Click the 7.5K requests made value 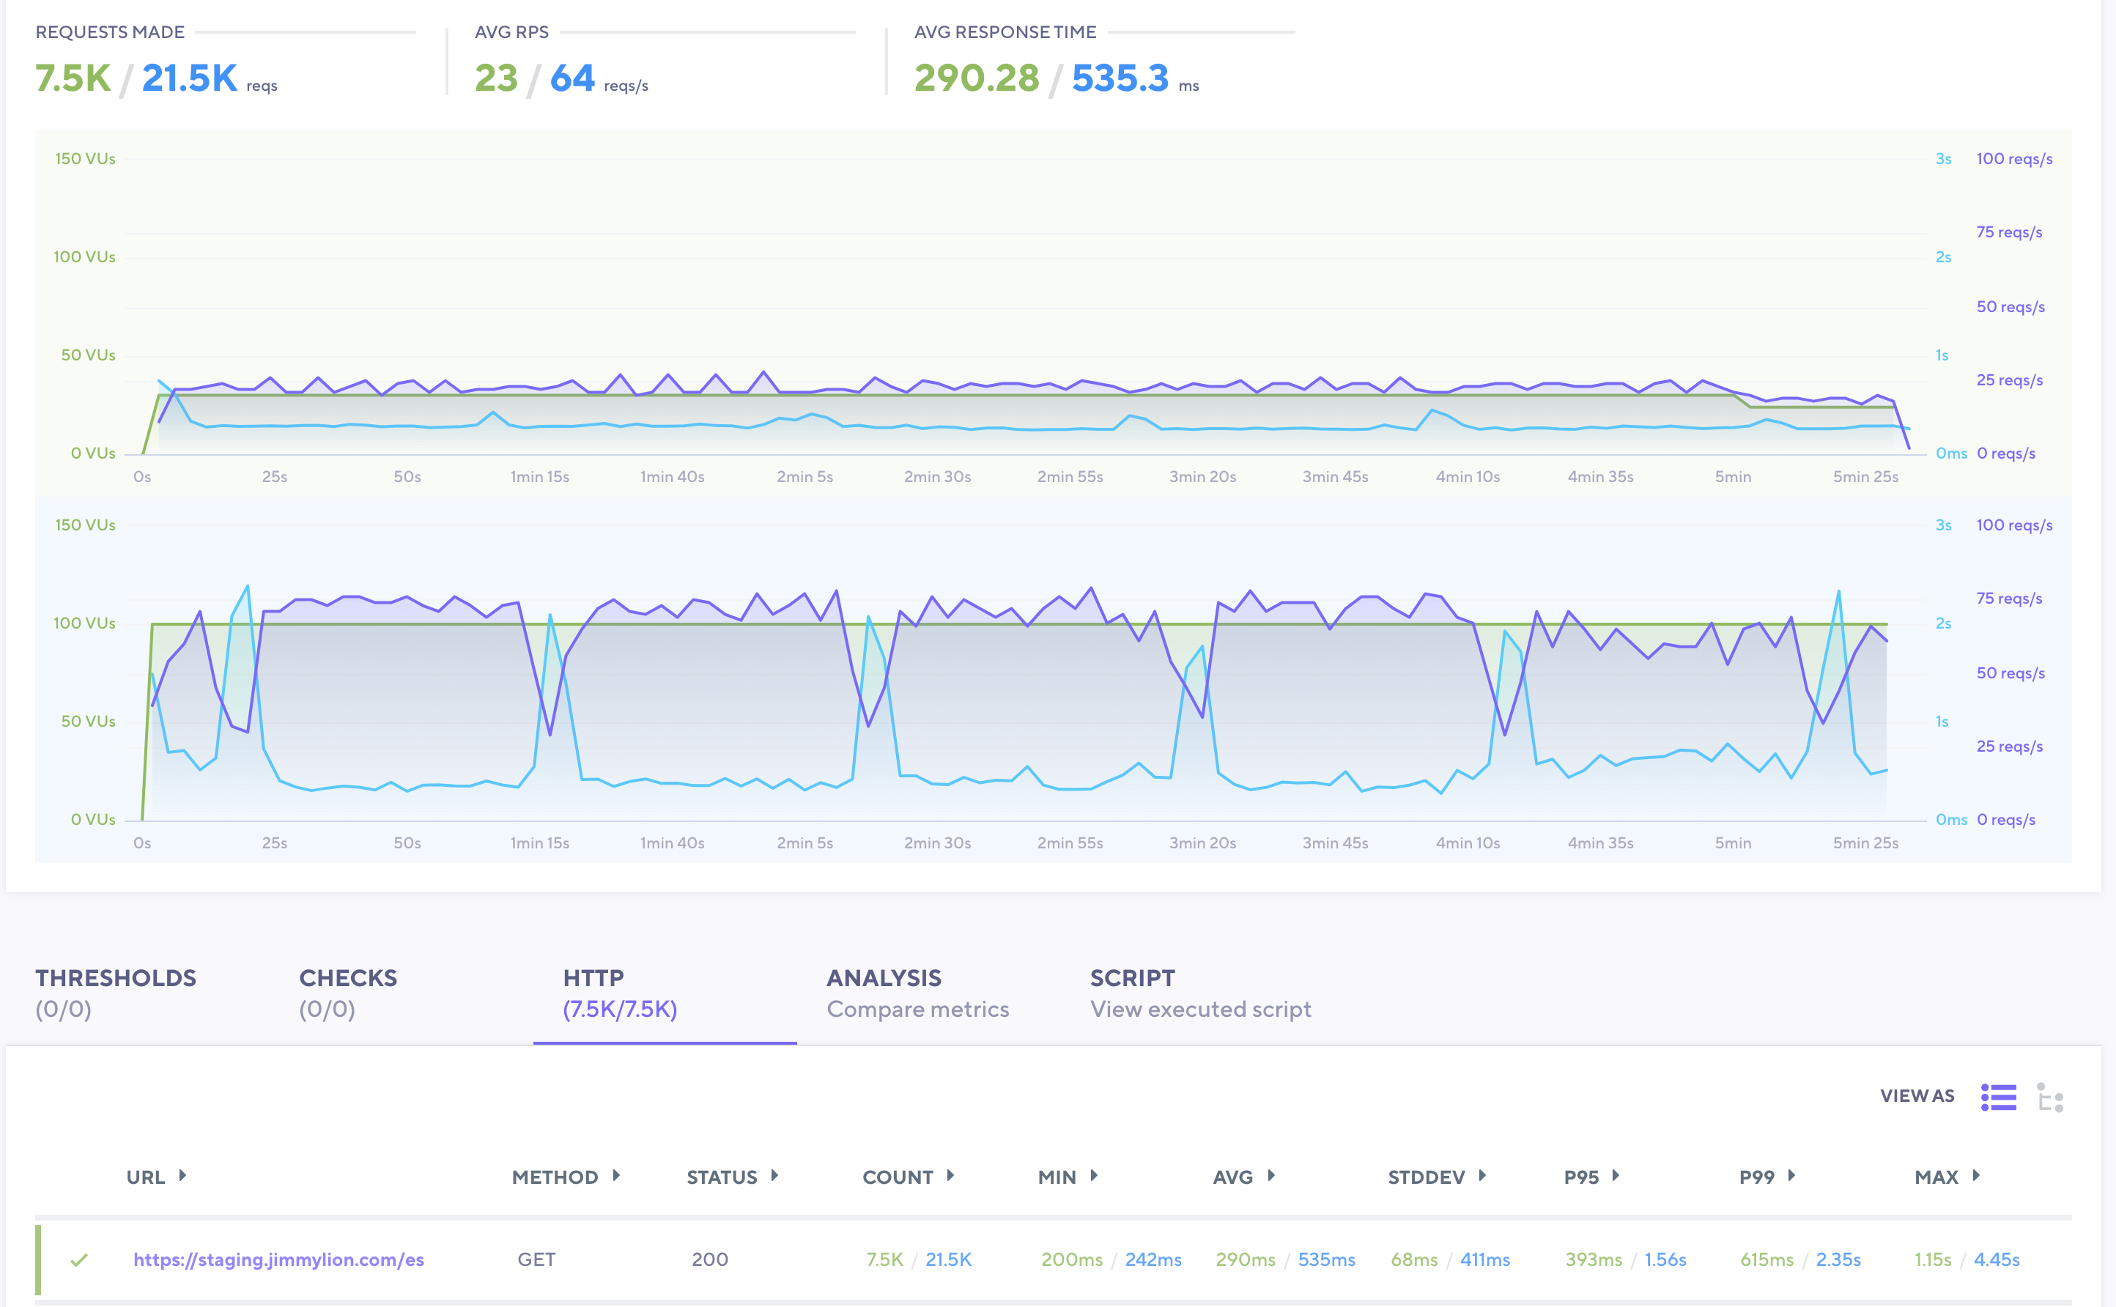(x=73, y=78)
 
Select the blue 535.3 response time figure (x=1120, y=78)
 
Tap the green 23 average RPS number (x=495, y=78)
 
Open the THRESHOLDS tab (x=115, y=993)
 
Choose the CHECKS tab (x=347, y=993)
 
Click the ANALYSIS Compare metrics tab (x=917, y=993)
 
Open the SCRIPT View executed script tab (x=1199, y=993)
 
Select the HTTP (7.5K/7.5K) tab (x=619, y=993)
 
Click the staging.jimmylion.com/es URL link (x=278, y=1259)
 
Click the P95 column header (x=1581, y=1177)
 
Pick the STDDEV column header (x=1427, y=1177)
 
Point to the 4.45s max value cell (x=1997, y=1259)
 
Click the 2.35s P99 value (x=1838, y=1259)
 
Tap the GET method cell (x=536, y=1259)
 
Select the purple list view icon (x=1999, y=1097)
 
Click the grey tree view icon (x=2049, y=1097)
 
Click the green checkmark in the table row (x=78, y=1259)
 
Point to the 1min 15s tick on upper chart (x=539, y=477)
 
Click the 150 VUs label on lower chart (x=85, y=525)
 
